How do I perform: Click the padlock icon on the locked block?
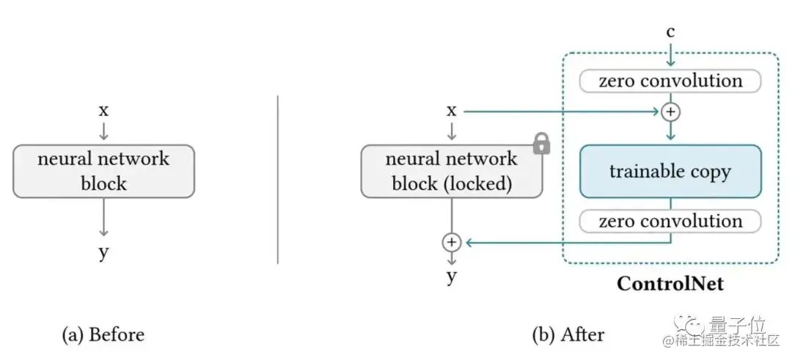[x=541, y=144]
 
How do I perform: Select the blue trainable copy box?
[x=670, y=172]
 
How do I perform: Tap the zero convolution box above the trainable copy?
[x=670, y=81]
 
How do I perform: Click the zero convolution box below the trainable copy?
[x=670, y=221]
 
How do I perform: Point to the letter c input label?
[x=670, y=32]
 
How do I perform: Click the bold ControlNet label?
[x=670, y=282]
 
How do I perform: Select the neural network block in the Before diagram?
[x=103, y=171]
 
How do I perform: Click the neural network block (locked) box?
[x=451, y=171]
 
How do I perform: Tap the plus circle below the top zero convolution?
[x=670, y=111]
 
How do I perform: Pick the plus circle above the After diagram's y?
[x=452, y=241]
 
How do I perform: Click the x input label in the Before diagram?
[x=103, y=111]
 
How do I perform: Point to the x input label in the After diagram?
[x=452, y=111]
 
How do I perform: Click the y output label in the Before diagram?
[x=103, y=253]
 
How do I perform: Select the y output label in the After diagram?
[x=452, y=276]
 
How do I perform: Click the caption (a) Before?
[x=103, y=334]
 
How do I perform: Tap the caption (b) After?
[x=568, y=334]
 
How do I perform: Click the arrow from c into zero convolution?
[x=670, y=54]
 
